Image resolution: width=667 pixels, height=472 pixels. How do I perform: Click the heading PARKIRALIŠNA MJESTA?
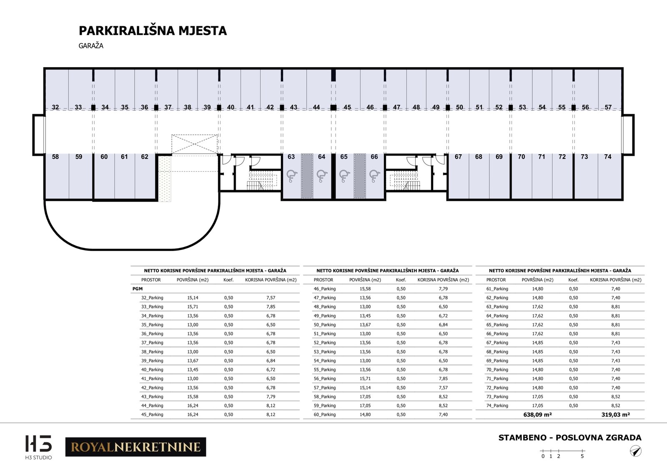[153, 31]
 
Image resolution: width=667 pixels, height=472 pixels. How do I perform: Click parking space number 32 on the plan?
[55, 107]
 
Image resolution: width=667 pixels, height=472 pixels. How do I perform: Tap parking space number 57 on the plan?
[608, 107]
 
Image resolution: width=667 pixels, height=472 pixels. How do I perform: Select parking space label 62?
[145, 157]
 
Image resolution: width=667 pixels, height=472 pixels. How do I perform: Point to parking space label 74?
[608, 157]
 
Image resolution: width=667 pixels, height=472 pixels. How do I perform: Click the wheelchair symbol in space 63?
[292, 176]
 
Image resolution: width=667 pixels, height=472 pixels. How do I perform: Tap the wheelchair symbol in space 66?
[374, 176]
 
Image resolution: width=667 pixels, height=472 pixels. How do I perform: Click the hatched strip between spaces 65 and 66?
[360, 176]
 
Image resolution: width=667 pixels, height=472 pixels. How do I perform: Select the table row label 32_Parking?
[152, 298]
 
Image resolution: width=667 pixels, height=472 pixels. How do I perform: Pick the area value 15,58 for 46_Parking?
[365, 289]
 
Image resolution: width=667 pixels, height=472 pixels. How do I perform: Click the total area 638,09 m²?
[537, 415]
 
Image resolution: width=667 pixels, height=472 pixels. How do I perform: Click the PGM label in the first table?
[138, 289]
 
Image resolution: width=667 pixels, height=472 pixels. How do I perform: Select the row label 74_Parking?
[497, 406]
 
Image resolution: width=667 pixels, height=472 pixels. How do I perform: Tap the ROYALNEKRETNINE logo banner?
[135, 447]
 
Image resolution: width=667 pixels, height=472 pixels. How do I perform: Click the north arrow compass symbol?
[635, 451]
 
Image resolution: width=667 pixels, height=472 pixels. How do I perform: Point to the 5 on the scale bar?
[582, 456]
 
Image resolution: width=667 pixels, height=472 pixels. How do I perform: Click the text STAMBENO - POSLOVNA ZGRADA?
[570, 438]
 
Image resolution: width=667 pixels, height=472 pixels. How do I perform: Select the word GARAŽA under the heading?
[91, 46]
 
